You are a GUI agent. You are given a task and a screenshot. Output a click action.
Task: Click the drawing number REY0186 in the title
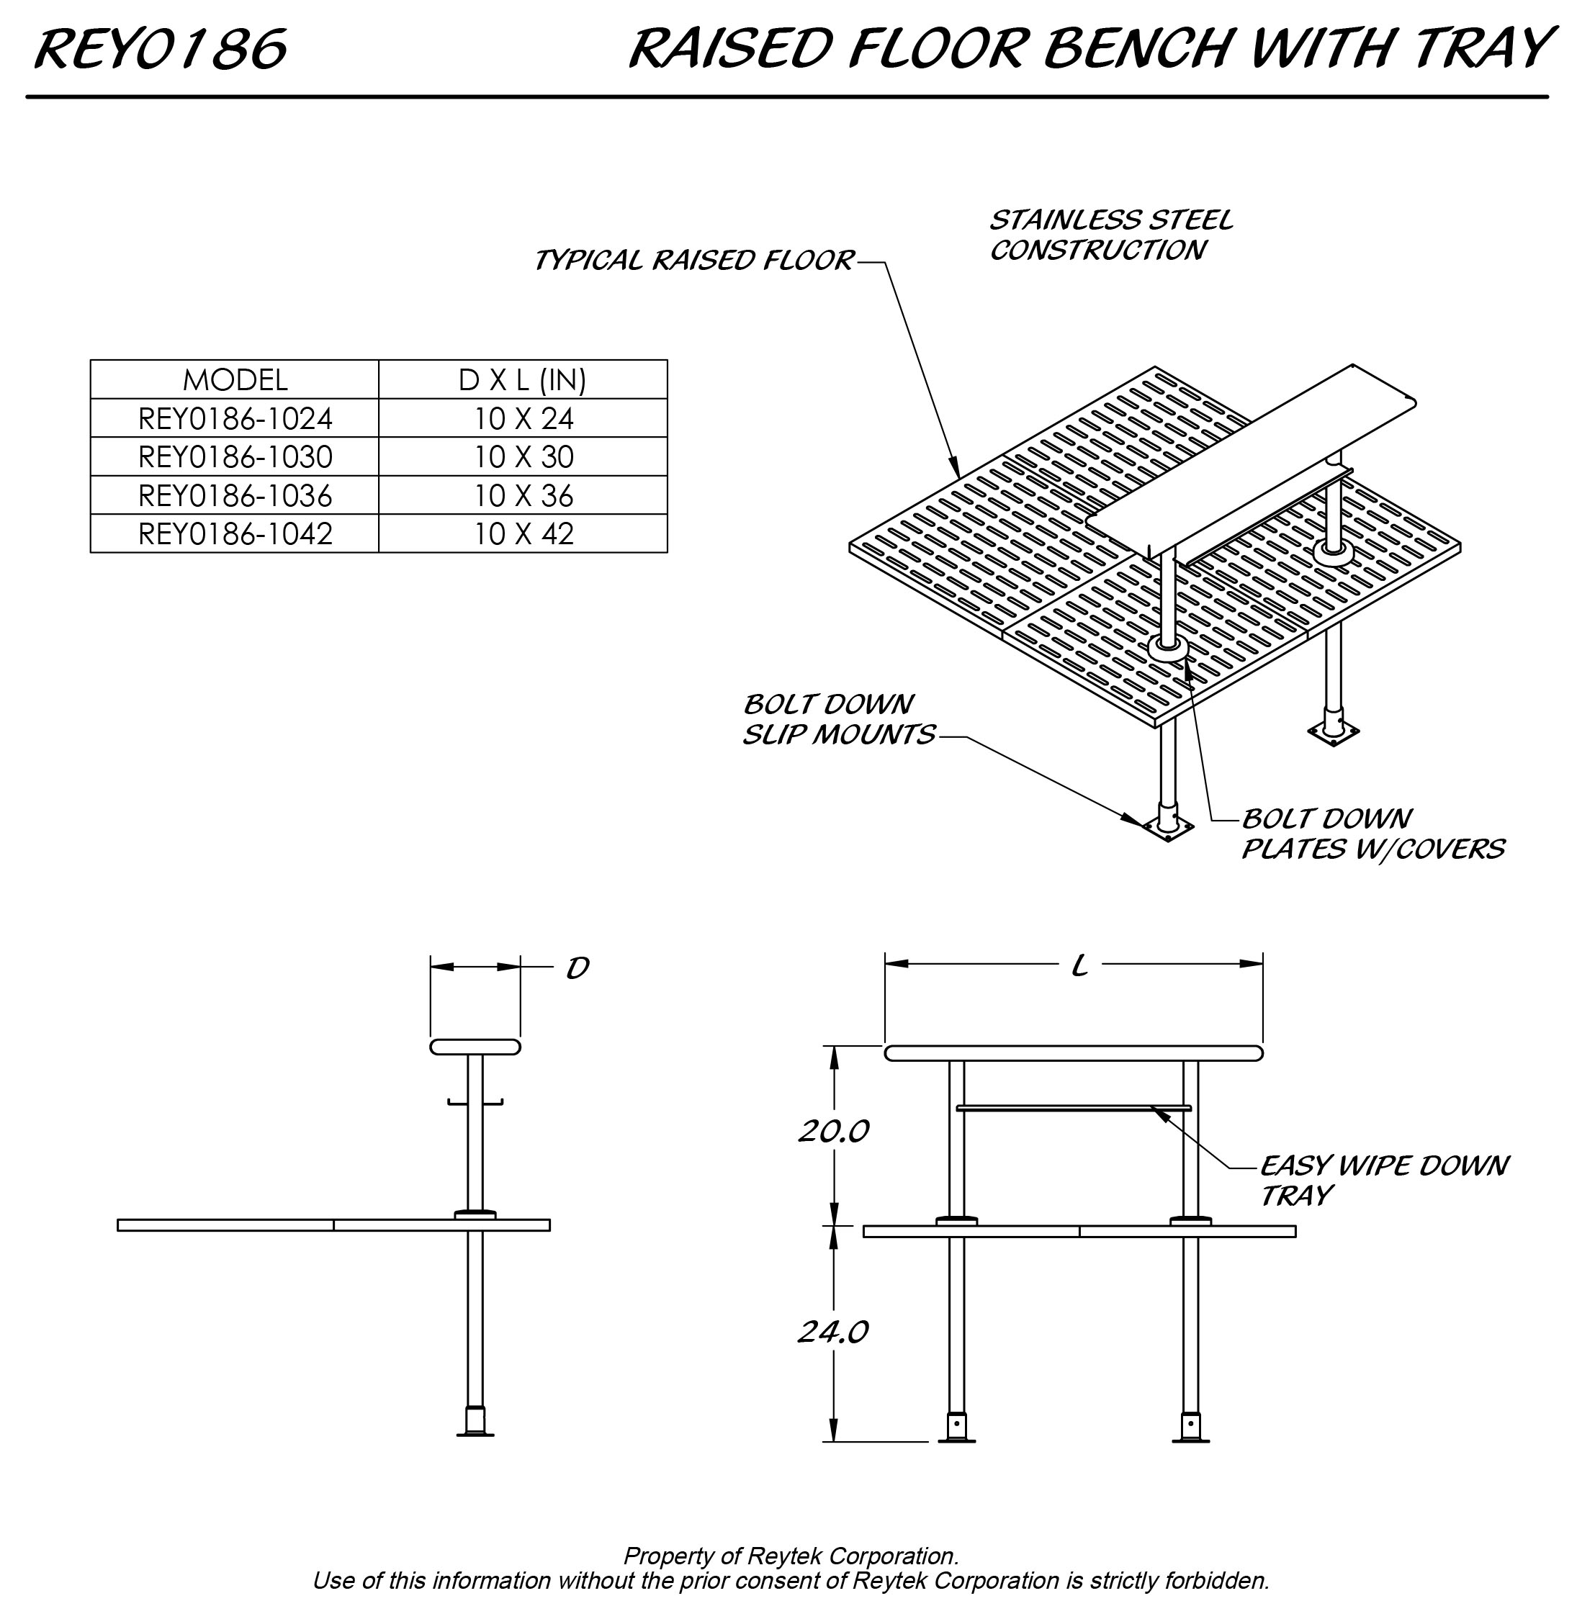161,49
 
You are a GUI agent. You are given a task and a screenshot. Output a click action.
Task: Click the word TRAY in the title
1481,49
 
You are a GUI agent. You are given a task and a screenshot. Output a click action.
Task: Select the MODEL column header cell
235,380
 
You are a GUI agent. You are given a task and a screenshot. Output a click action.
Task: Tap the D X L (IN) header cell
522,380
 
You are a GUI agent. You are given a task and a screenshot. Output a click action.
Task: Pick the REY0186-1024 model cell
235,419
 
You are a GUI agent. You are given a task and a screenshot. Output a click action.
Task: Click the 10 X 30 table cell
522,457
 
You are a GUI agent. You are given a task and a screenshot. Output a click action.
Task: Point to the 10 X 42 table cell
522,534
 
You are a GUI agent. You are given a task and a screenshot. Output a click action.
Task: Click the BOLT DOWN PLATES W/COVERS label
1371,834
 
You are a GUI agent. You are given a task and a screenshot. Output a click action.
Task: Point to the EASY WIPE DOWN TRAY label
1383,1181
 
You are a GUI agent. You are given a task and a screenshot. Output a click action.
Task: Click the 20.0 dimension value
833,1131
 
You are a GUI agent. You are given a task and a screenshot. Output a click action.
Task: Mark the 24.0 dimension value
833,1332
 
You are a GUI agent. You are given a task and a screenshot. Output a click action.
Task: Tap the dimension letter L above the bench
1079,966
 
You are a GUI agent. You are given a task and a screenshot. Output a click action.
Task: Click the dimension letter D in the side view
577,968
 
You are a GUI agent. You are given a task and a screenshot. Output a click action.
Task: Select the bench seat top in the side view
475,1047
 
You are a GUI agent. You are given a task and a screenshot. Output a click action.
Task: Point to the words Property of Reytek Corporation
790,1556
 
